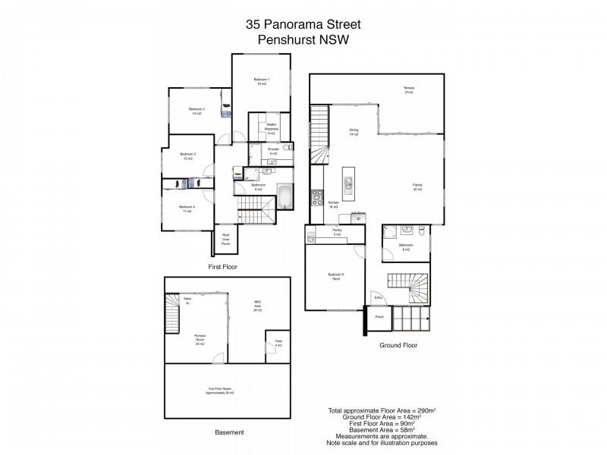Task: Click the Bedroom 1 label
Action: click(x=261, y=82)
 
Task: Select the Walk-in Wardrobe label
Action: click(x=269, y=128)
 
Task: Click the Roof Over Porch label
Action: click(x=226, y=237)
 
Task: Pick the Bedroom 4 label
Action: click(x=187, y=209)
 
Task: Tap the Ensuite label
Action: click(x=273, y=152)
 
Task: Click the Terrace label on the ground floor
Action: click(x=408, y=91)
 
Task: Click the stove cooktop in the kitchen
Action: click(x=316, y=199)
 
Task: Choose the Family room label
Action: click(x=417, y=187)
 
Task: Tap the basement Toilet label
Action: click(x=278, y=344)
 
